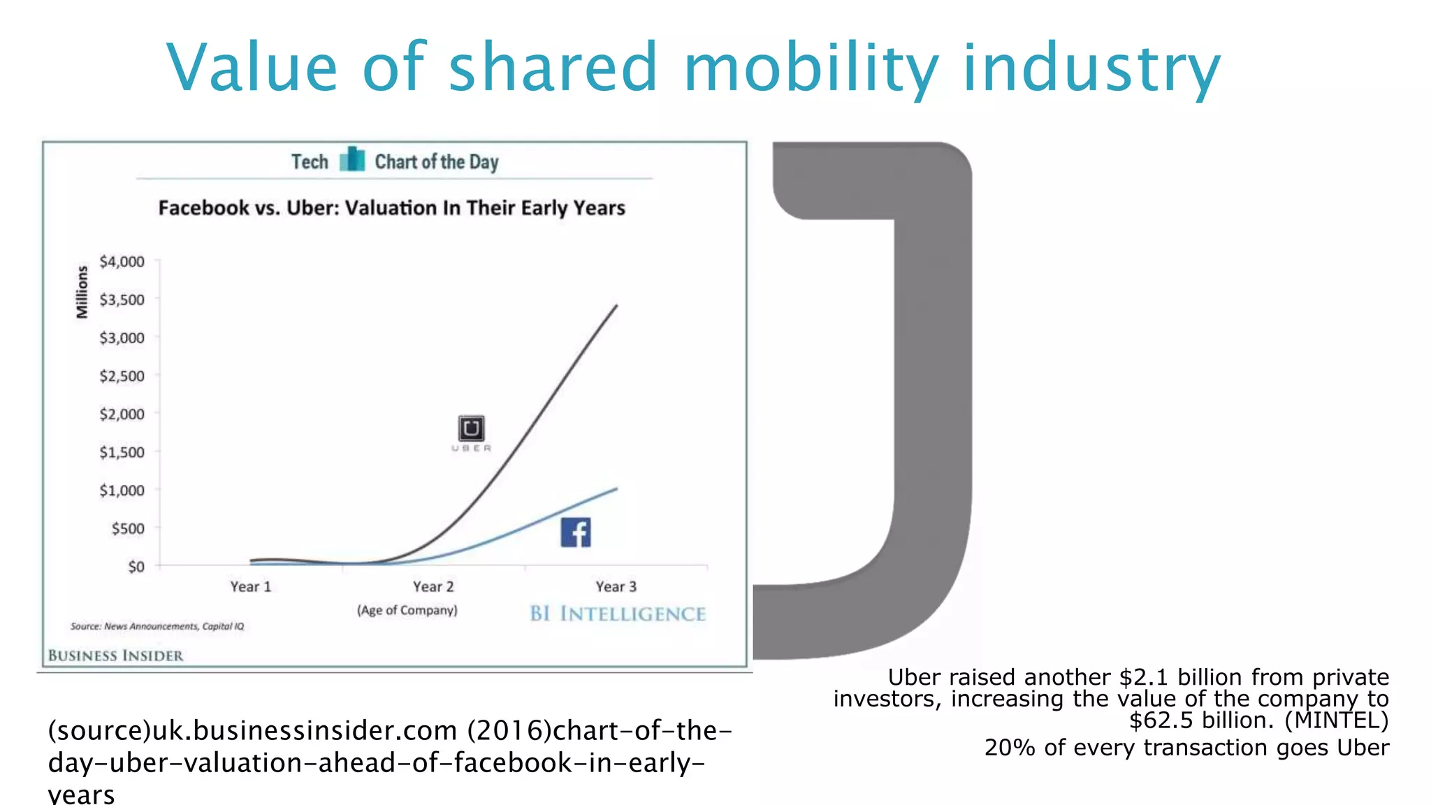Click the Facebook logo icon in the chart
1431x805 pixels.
576,532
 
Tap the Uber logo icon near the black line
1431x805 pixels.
471,428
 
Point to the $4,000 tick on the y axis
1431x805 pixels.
122,261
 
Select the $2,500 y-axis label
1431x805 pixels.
122,376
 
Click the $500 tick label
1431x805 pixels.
128,528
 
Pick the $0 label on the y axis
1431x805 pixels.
136,567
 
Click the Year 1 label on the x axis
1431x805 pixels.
251,587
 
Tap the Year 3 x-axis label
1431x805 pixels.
616,587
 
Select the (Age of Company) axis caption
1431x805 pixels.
407,610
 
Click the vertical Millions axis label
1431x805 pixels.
82,292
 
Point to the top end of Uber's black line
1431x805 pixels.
616,305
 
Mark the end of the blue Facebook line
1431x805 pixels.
616,489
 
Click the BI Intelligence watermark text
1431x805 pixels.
618,614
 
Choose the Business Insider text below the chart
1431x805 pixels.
116,655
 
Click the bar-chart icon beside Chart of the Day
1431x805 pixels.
352,160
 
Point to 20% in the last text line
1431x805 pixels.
1009,748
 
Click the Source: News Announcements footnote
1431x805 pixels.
157,626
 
